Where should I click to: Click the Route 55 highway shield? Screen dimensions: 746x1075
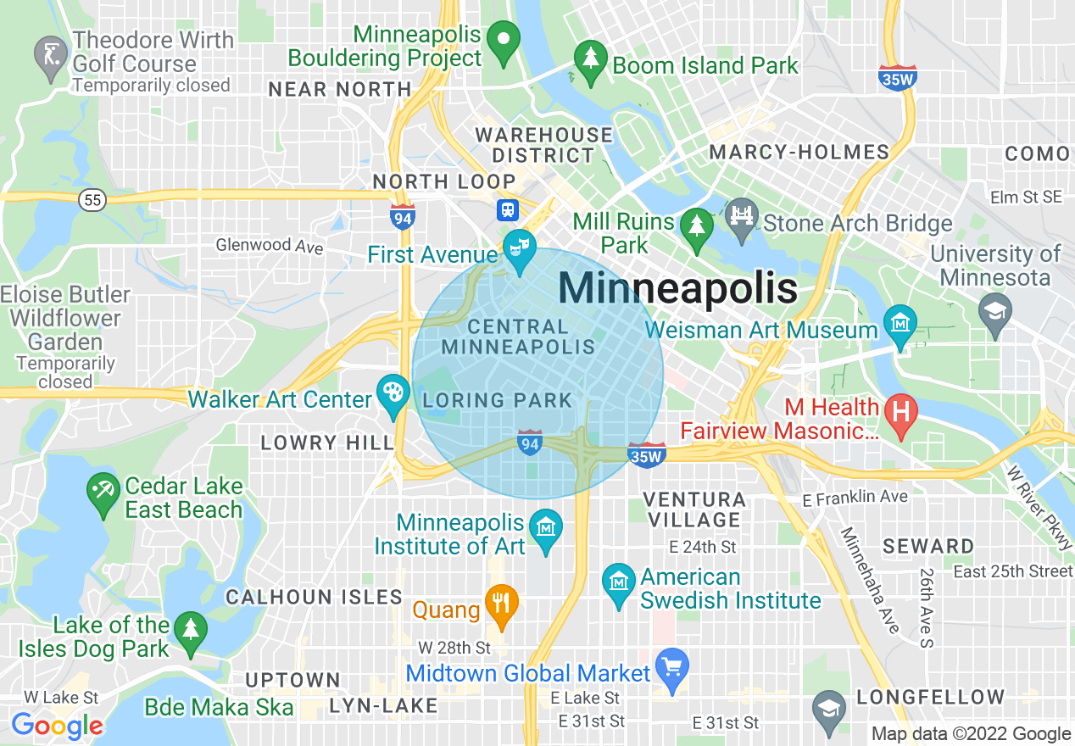pyautogui.click(x=92, y=200)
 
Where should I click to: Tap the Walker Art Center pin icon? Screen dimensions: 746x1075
pyautogui.click(x=392, y=394)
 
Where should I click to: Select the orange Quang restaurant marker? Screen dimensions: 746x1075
pyautogui.click(x=501, y=605)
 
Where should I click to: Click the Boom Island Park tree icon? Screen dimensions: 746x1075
pyautogui.click(x=589, y=60)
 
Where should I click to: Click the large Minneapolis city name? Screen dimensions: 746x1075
pyautogui.click(x=677, y=289)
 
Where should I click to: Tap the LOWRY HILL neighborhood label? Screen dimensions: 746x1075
pyautogui.click(x=326, y=443)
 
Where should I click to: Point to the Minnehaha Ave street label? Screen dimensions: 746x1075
pyautogui.click(x=870, y=580)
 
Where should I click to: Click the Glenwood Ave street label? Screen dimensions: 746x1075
pyautogui.click(x=270, y=246)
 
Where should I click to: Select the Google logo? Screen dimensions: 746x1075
pyautogui.click(x=57, y=726)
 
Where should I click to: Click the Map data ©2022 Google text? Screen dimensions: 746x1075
pyautogui.click(x=971, y=734)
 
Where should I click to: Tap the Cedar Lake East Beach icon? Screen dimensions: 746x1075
pyautogui.click(x=103, y=493)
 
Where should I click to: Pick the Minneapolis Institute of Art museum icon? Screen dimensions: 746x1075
pyautogui.click(x=545, y=529)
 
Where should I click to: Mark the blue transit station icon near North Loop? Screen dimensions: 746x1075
pyautogui.click(x=508, y=209)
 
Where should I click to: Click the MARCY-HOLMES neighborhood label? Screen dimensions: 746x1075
pyautogui.click(x=799, y=153)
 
